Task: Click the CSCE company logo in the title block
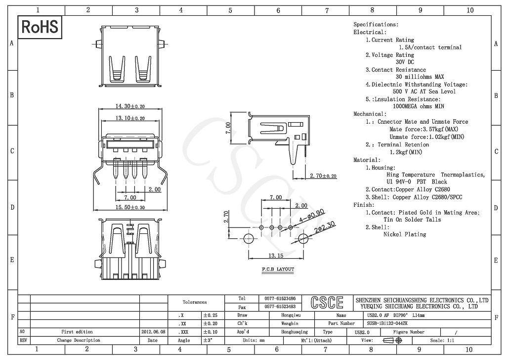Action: (327, 302)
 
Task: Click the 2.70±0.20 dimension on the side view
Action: (323, 176)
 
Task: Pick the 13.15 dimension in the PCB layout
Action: (275, 256)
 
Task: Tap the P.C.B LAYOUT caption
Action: (278, 270)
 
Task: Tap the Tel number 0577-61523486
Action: (280, 299)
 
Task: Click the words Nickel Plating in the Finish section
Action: (404, 234)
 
